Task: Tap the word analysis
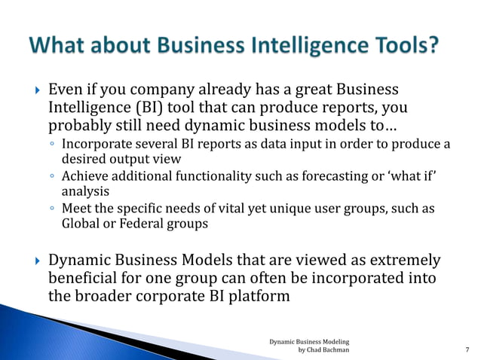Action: pos(85,191)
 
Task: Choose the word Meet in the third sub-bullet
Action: pos(75,208)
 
